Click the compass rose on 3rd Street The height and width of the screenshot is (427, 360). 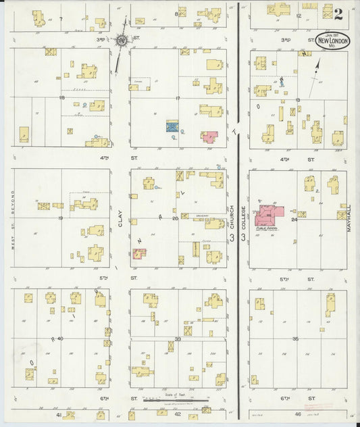coord(121,41)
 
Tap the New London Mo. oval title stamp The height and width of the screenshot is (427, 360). coord(332,41)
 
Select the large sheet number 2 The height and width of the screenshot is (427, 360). coord(337,13)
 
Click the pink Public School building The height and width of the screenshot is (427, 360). coord(268,215)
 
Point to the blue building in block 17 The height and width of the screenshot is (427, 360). coord(172,126)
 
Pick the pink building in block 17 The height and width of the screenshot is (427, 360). coord(209,136)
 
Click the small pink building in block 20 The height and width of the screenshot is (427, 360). coord(139,254)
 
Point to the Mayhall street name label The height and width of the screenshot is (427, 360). coord(350,218)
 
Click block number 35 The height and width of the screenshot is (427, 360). coord(295,338)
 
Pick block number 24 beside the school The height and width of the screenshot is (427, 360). coord(294,219)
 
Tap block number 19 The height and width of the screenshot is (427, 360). coord(60,218)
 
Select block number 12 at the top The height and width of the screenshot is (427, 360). coord(297,15)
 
